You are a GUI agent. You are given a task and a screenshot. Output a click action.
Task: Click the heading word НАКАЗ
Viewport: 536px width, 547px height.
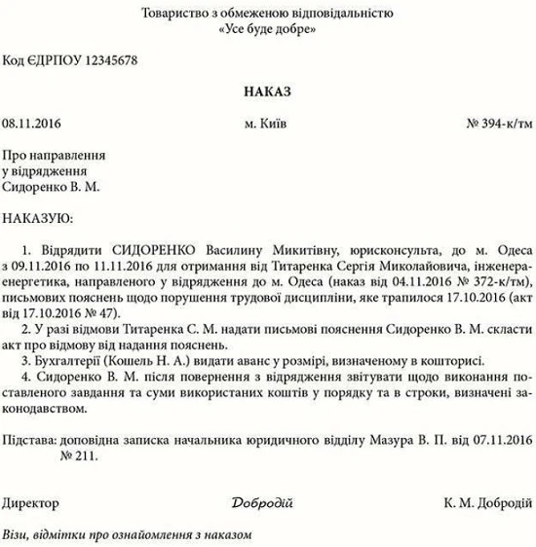(x=268, y=91)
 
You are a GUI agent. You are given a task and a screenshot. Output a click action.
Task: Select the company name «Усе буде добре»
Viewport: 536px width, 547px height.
(x=268, y=29)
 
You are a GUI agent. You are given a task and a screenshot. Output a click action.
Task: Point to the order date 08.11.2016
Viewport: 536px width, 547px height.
(x=31, y=125)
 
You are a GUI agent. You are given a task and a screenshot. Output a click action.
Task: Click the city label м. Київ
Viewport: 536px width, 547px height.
(x=266, y=125)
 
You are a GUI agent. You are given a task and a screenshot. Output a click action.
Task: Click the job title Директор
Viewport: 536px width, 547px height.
(x=30, y=502)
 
